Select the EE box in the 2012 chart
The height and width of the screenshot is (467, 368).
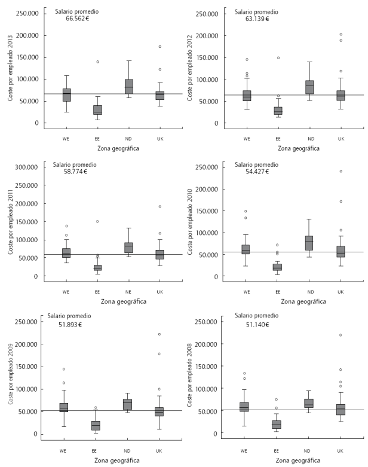tap(278, 111)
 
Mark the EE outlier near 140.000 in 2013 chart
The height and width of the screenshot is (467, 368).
tap(97, 62)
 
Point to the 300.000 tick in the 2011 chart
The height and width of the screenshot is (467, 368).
tap(29, 166)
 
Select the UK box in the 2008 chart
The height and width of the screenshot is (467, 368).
tap(341, 410)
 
